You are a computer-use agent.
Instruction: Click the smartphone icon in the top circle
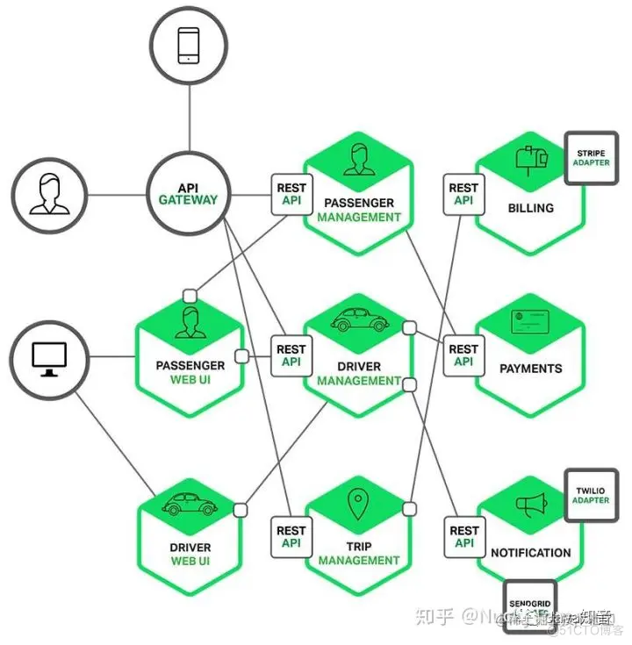click(189, 45)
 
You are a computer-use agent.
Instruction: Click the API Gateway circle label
click(188, 194)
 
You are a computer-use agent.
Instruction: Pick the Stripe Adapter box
click(591, 158)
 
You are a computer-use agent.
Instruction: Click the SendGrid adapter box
click(529, 606)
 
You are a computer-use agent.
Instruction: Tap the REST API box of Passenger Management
click(291, 194)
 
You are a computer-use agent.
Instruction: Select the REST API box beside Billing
click(463, 194)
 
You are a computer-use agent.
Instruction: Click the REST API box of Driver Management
click(291, 355)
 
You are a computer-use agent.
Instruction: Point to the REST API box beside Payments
click(463, 355)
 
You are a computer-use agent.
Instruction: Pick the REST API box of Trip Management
click(291, 537)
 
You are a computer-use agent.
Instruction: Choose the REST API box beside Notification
click(463, 537)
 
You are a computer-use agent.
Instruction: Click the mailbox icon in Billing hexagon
click(531, 159)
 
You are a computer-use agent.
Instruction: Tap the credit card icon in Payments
click(529, 323)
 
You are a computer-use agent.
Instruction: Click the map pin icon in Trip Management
click(357, 504)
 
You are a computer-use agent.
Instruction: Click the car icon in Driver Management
click(359, 322)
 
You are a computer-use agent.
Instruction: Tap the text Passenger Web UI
click(190, 372)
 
